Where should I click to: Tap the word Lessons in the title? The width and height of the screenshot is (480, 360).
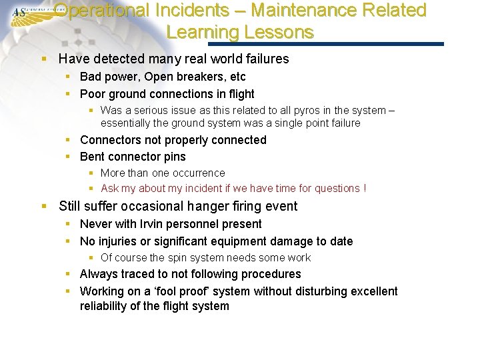[x=279, y=32]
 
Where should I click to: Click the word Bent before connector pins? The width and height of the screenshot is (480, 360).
[x=93, y=157]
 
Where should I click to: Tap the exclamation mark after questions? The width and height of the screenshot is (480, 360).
[x=364, y=188]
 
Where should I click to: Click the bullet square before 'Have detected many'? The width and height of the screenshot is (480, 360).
[x=44, y=59]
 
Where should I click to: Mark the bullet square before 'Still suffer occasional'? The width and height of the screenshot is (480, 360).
[x=44, y=207]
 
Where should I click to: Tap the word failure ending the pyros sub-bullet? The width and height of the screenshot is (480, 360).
[x=341, y=123]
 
